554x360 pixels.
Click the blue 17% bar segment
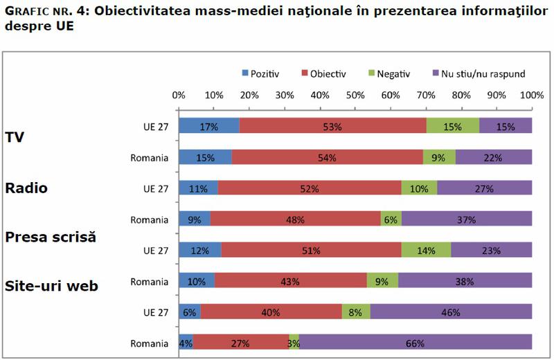[x=208, y=125]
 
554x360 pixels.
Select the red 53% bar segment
[x=332, y=125]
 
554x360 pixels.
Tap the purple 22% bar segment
[x=494, y=157]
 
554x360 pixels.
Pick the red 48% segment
[x=295, y=219]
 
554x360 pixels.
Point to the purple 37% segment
[x=467, y=219]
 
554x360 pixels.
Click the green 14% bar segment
[x=426, y=251]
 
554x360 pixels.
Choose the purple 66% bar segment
[x=415, y=343]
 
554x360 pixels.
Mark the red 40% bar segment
[x=271, y=312]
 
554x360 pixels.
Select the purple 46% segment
[x=451, y=312]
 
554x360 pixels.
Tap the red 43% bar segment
[x=291, y=282]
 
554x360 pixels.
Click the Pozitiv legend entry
[x=260, y=72]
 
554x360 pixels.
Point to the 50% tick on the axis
[x=355, y=94]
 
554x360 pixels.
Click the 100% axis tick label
[x=531, y=94]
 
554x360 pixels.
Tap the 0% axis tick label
[x=178, y=94]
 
